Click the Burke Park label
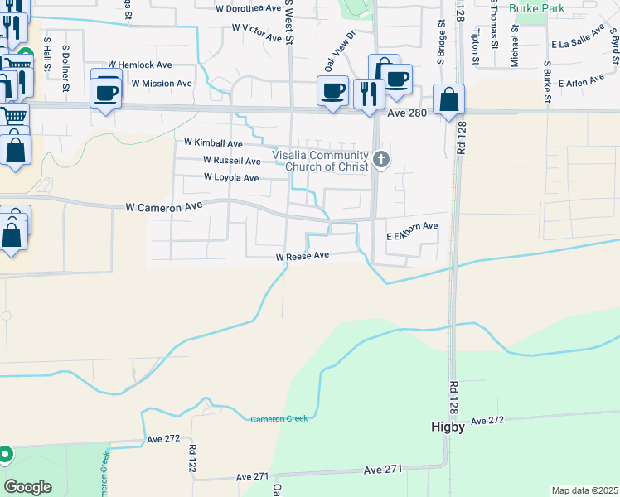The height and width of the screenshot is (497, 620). click(537, 7)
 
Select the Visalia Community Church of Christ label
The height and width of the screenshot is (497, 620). click(321, 161)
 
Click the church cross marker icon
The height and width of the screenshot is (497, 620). click(380, 158)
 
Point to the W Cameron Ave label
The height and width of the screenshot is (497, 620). click(164, 207)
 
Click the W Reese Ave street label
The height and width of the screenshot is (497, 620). click(303, 257)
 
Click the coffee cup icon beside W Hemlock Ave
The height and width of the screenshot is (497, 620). click(106, 92)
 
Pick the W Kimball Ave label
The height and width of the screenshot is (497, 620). click(213, 143)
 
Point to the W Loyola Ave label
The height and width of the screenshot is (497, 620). click(231, 177)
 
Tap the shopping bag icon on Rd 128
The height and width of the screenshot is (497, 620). click(448, 101)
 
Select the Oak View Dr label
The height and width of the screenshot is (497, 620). click(339, 51)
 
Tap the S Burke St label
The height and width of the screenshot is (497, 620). click(547, 83)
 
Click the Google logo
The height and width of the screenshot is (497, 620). click(29, 486)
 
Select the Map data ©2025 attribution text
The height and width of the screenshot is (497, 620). click(584, 490)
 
